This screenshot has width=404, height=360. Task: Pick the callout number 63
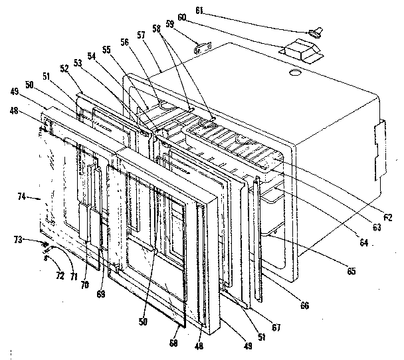(377, 228)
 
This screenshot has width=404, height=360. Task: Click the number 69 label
(100, 292)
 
